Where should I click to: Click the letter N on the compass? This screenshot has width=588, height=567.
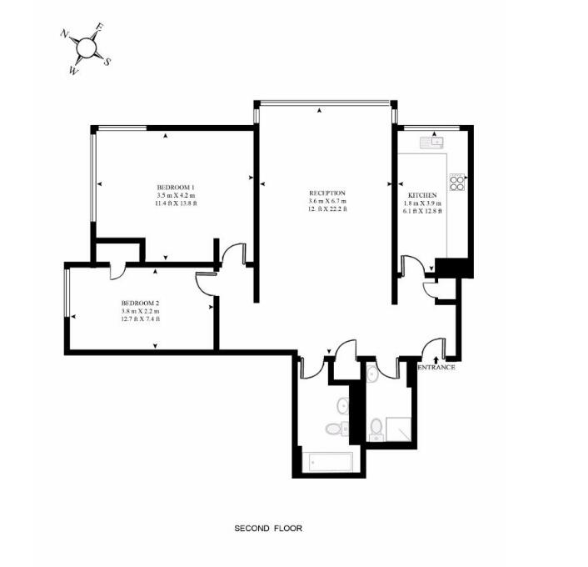pyautogui.click(x=64, y=34)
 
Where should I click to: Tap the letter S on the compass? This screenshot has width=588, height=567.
pyautogui.click(x=107, y=62)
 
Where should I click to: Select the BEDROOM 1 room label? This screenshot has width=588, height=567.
pyautogui.click(x=176, y=187)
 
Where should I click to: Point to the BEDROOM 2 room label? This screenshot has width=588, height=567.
pyautogui.click(x=141, y=303)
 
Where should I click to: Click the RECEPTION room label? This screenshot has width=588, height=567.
pyautogui.click(x=327, y=193)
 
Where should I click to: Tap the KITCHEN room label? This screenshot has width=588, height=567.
pyautogui.click(x=422, y=195)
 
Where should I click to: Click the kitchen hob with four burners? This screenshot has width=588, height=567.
pyautogui.click(x=457, y=182)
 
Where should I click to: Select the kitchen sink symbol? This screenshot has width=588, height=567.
pyautogui.click(x=432, y=143)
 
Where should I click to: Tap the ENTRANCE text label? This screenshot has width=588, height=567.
pyautogui.click(x=436, y=367)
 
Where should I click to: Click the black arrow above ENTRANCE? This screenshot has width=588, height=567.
pyautogui.click(x=436, y=359)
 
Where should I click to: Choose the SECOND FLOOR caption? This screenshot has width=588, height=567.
pyautogui.click(x=268, y=529)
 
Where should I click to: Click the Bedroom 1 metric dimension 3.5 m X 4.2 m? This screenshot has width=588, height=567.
pyautogui.click(x=177, y=195)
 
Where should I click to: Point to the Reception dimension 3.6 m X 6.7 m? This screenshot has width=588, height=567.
pyautogui.click(x=327, y=201)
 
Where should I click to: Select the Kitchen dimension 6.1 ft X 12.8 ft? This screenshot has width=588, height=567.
pyautogui.click(x=422, y=212)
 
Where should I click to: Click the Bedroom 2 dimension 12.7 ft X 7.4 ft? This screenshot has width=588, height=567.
pyautogui.click(x=141, y=319)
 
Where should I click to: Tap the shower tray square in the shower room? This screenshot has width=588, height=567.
pyautogui.click(x=399, y=429)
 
